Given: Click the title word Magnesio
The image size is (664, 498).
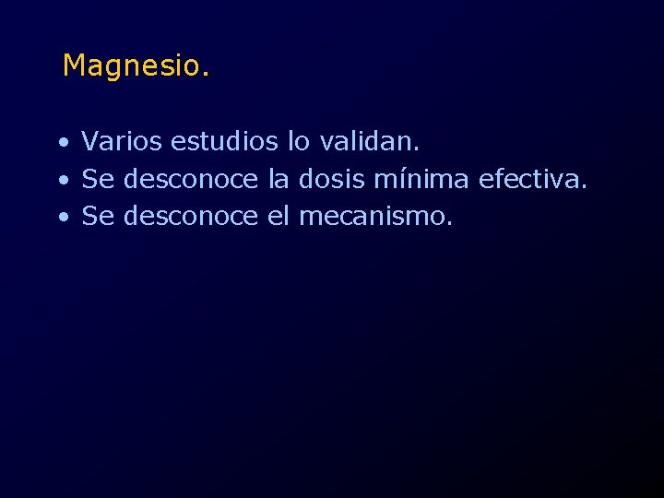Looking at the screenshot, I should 136,66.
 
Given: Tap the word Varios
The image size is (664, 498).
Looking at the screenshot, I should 122,142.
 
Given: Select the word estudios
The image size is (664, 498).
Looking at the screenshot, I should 224,142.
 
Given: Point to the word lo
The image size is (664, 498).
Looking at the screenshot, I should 299,142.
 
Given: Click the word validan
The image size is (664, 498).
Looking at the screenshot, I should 370,142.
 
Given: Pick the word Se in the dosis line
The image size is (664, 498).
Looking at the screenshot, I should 98,179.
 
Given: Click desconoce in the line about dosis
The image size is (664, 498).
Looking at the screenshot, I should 191,179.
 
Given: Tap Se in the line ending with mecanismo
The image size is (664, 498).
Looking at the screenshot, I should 98,216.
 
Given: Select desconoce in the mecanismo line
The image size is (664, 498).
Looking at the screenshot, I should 191,216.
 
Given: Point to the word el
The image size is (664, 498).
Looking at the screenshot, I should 279,216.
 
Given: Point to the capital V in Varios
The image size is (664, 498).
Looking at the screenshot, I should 90,142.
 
